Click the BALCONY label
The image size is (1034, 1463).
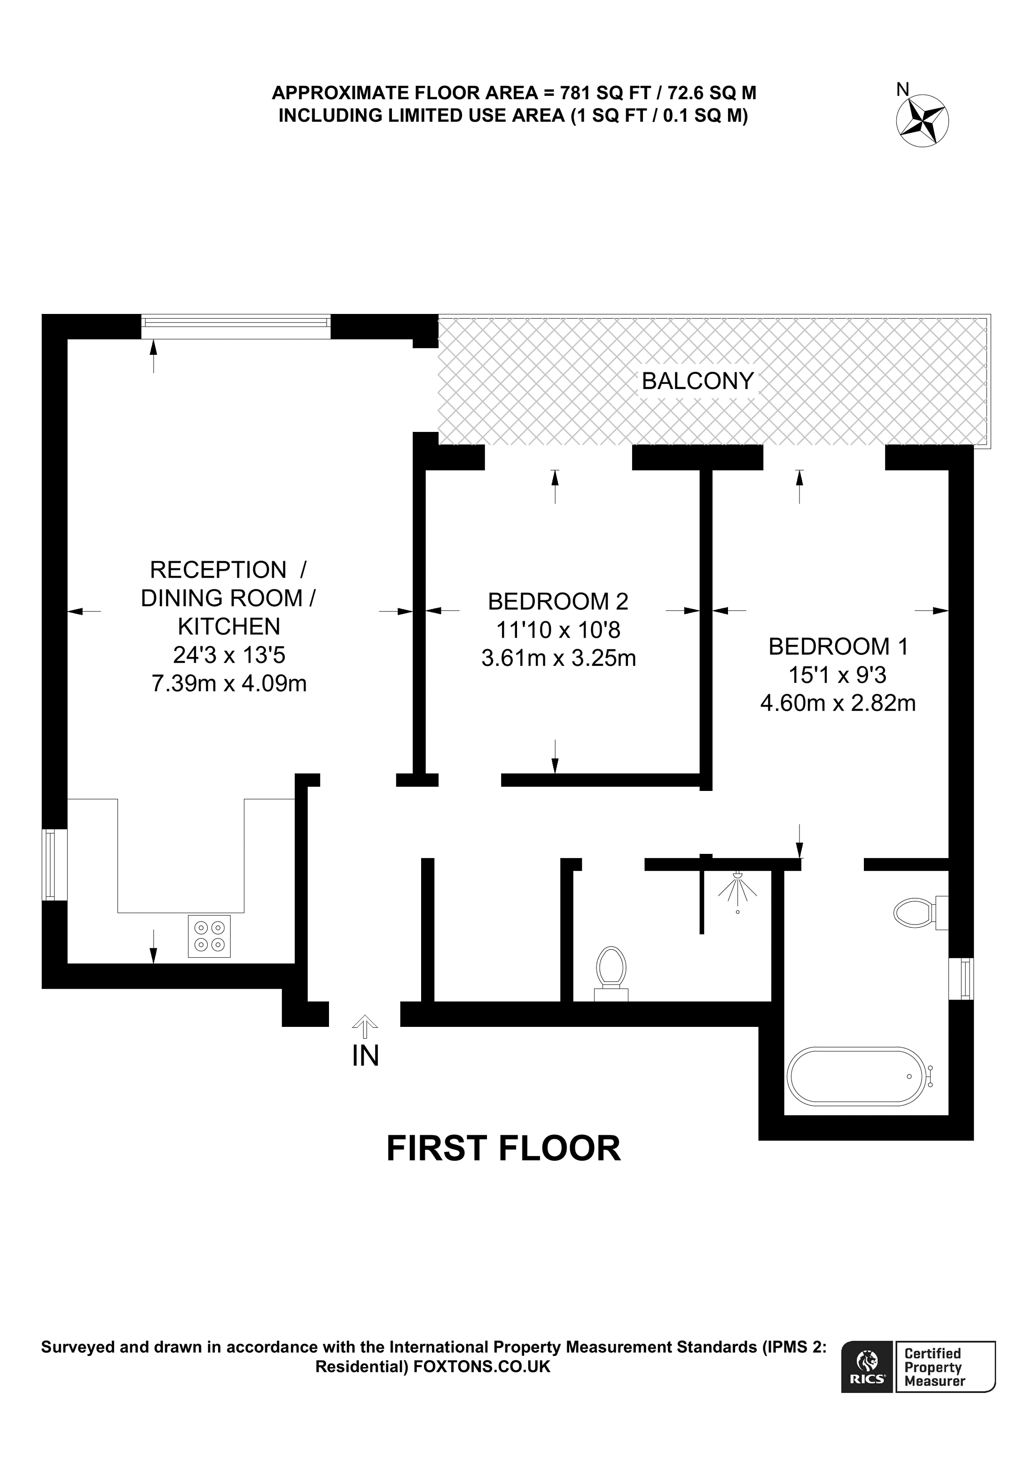(697, 381)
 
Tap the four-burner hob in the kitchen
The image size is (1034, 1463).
(209, 936)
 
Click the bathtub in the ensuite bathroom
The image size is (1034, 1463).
(855, 1076)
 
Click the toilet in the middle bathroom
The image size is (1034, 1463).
(611, 969)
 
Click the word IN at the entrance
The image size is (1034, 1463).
(365, 1056)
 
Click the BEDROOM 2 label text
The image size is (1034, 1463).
(557, 601)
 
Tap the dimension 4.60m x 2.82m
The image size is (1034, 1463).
(838, 703)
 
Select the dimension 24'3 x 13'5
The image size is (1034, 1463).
(229, 655)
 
